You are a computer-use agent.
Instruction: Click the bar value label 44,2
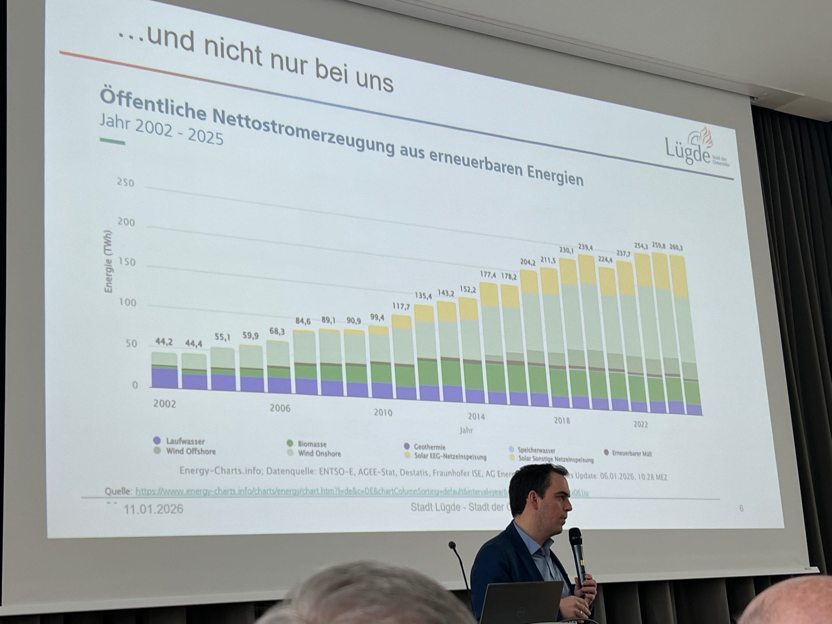coord(164,342)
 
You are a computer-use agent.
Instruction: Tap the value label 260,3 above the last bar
coord(676,248)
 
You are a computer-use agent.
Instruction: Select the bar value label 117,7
coord(401,306)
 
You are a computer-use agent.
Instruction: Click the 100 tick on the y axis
coord(127,302)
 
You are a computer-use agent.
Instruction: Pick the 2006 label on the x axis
coord(280,408)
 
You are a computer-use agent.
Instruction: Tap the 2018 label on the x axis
coord(562,421)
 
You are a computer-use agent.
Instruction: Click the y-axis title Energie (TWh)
coord(109,261)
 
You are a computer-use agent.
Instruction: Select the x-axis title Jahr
coord(466,430)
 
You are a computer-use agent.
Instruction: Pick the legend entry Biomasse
coord(312,444)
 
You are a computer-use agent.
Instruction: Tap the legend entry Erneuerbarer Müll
coord(631,454)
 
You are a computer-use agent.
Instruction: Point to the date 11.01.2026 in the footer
coord(153,509)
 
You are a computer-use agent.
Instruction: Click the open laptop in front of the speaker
coord(521,602)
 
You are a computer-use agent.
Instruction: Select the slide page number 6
coord(741,509)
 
